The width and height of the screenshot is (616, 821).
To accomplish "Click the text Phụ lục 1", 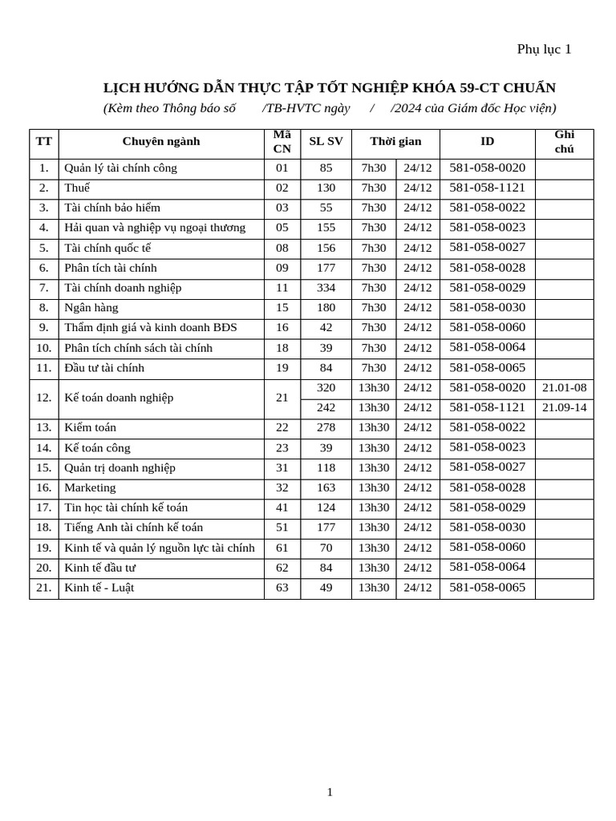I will tap(544, 49).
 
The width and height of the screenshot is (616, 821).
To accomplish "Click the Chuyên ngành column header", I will tap(161, 142).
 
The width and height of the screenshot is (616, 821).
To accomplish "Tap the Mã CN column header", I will tap(282, 142).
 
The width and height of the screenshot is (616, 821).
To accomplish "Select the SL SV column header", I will tap(326, 141).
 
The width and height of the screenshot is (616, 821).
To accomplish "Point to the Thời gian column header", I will tap(395, 141).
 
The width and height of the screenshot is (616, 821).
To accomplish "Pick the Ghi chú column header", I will tap(564, 142).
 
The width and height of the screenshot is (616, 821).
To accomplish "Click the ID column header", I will tap(487, 141).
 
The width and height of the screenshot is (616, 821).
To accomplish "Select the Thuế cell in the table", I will tap(77, 188).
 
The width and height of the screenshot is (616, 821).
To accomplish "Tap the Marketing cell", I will tap(90, 487).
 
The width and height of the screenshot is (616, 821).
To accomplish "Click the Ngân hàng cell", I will tap(91, 308).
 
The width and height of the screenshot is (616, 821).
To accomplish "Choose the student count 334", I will tap(326, 288).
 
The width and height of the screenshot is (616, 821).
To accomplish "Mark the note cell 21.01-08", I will tap(564, 388).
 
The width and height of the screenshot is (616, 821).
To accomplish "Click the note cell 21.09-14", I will tap(564, 407).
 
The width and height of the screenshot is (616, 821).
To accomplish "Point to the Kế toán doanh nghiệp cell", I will tap(119, 398).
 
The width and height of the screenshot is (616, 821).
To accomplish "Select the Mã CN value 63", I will tap(282, 588).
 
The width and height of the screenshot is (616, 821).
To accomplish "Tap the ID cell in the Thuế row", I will tap(487, 188).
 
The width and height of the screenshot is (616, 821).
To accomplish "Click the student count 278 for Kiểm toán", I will tap(326, 427).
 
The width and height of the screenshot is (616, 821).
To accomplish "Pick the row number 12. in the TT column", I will tap(43, 398).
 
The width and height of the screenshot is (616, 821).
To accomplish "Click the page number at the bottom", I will tap(329, 792).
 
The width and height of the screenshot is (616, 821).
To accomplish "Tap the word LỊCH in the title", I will tap(120, 87).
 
